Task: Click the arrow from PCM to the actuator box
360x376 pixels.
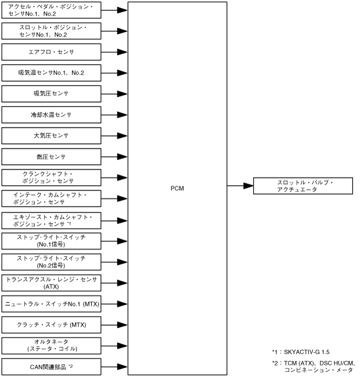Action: click(x=240, y=186)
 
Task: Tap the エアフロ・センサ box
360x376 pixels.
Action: click(x=51, y=52)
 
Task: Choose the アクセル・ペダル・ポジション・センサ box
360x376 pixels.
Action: click(x=51, y=10)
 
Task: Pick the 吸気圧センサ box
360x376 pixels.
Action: click(x=51, y=94)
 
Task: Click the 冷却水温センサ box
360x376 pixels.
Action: click(x=51, y=115)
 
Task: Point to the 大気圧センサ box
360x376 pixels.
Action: click(x=51, y=136)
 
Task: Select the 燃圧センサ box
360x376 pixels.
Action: click(x=51, y=157)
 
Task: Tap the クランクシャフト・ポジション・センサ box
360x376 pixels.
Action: click(x=51, y=178)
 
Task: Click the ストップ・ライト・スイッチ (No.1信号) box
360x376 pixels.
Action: click(x=51, y=241)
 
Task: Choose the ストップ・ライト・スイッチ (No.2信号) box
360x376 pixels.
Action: click(x=51, y=262)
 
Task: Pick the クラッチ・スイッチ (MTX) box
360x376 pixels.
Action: click(x=51, y=324)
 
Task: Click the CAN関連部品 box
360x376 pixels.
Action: click(x=51, y=366)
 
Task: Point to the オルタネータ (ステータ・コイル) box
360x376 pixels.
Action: click(x=51, y=345)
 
